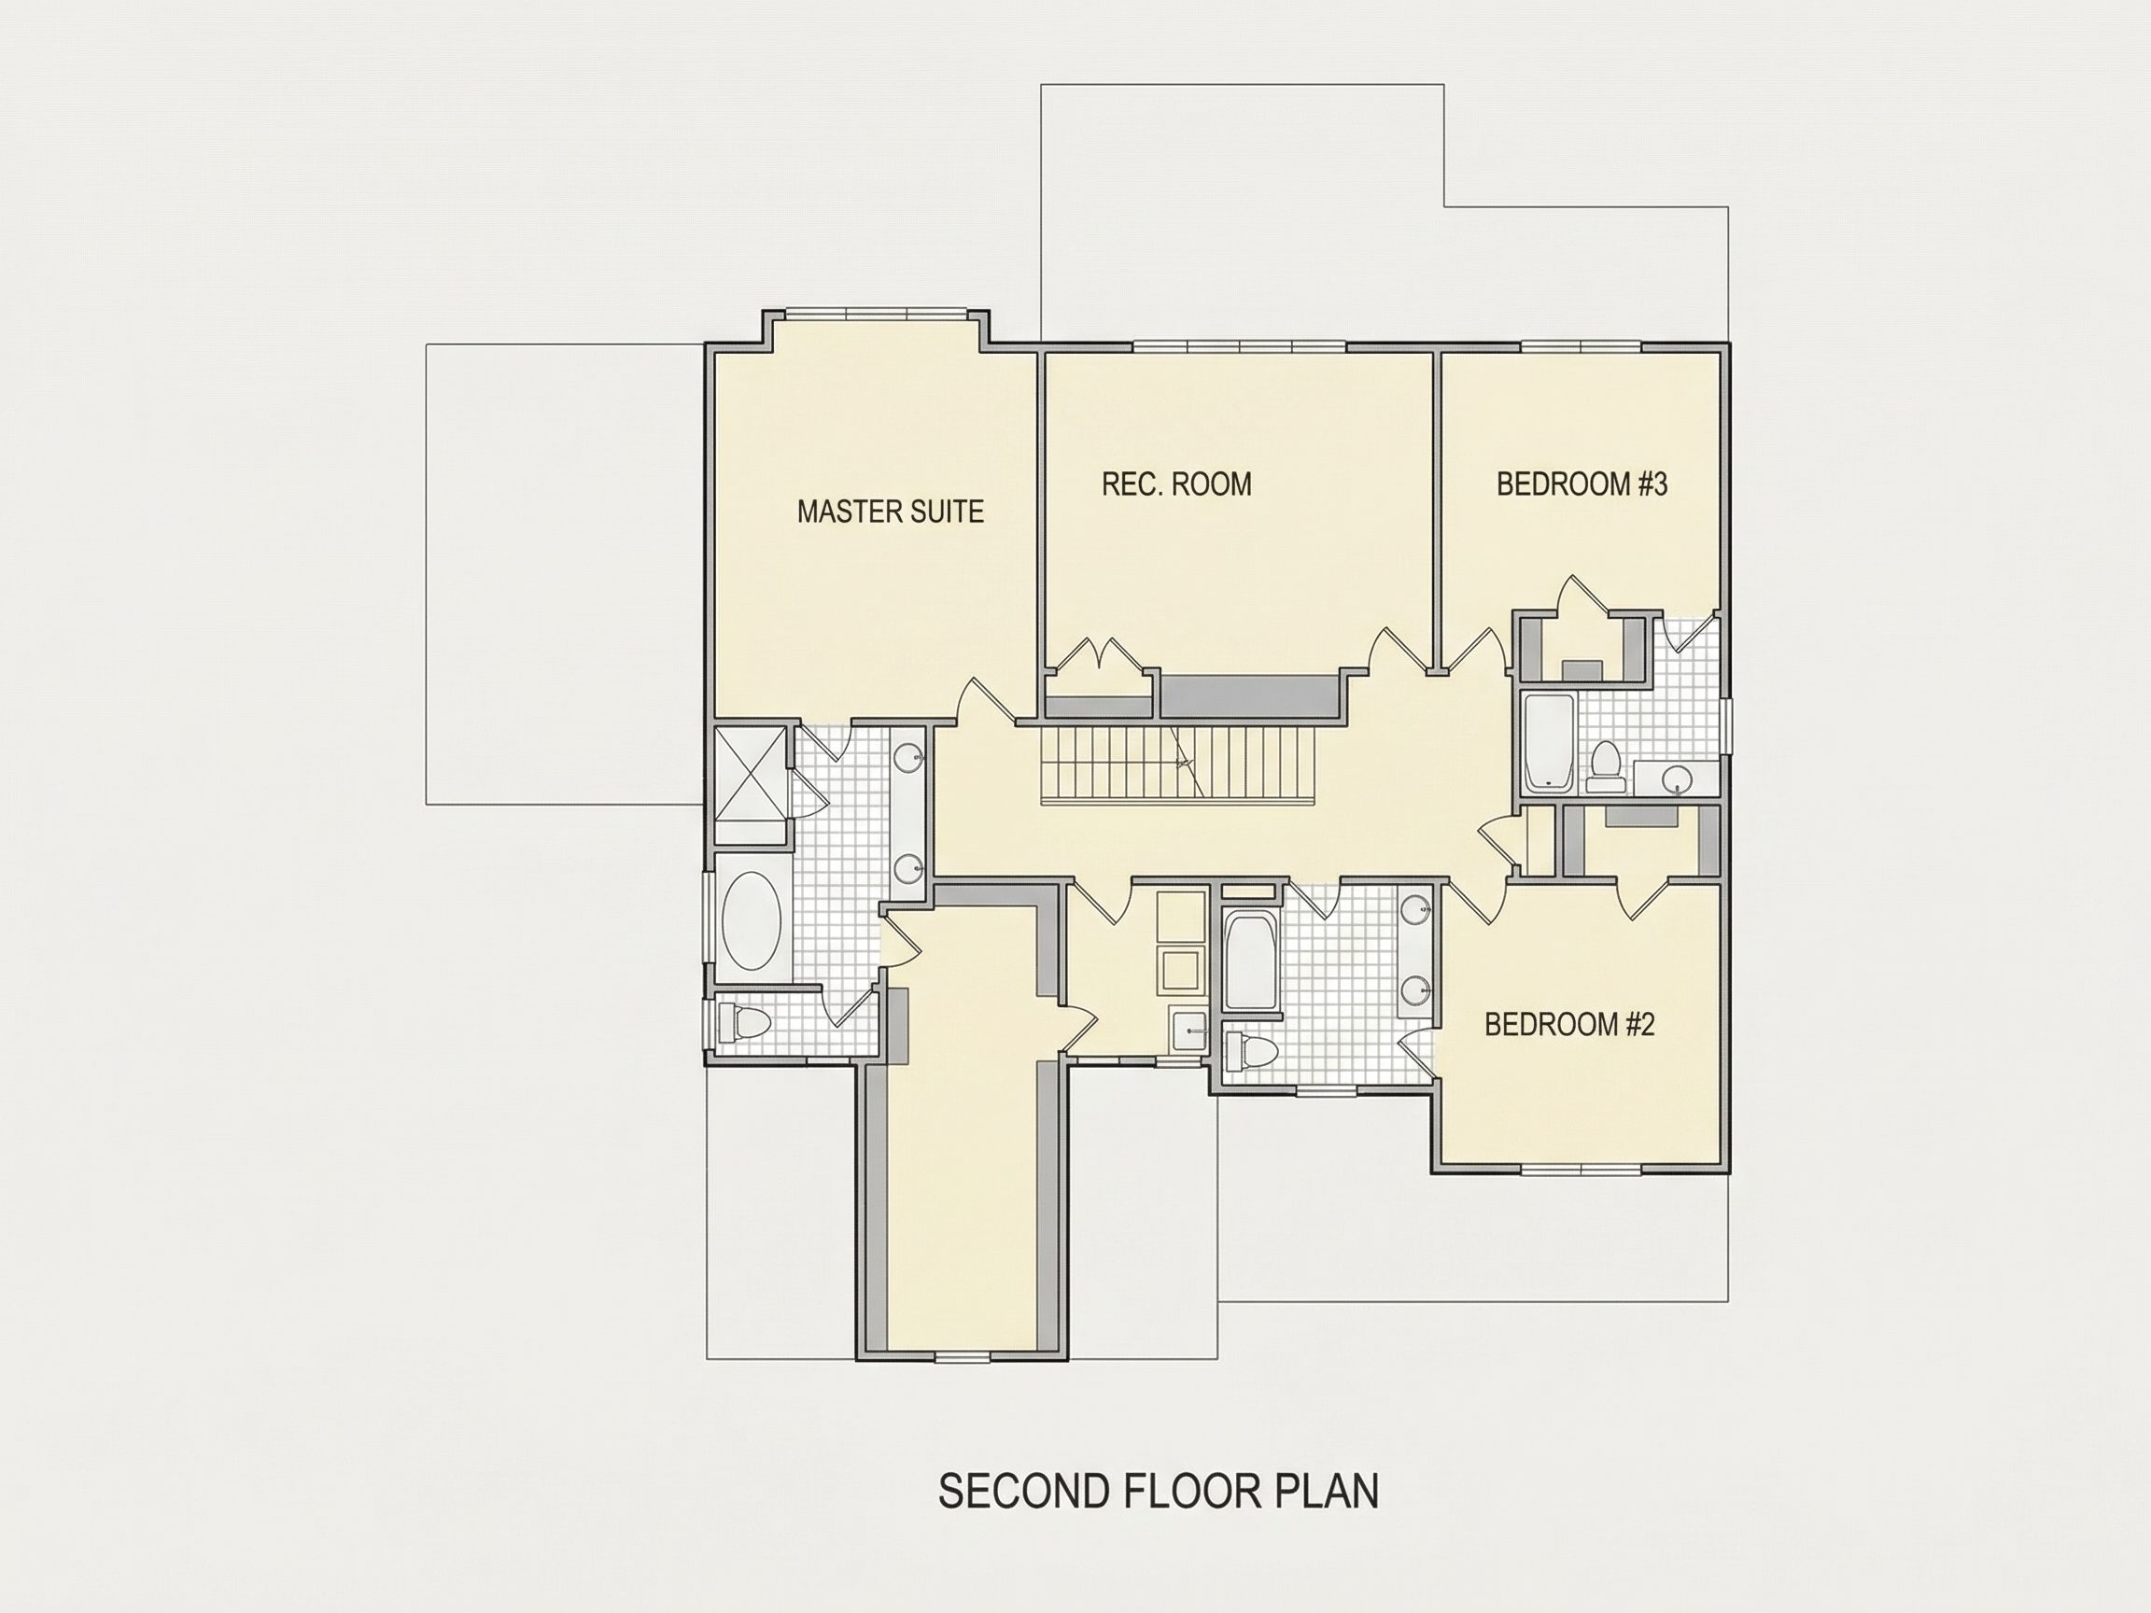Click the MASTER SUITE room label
coord(890,512)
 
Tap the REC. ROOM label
coord(1176,484)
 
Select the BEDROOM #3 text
coord(1582,484)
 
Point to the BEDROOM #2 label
coord(1569,1024)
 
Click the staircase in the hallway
coord(1174,764)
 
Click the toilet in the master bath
coord(744,1023)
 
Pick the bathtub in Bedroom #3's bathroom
coord(1548,743)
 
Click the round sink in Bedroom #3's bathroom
coord(1675,778)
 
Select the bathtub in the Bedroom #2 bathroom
coord(1249,960)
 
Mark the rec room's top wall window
coord(1240,346)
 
